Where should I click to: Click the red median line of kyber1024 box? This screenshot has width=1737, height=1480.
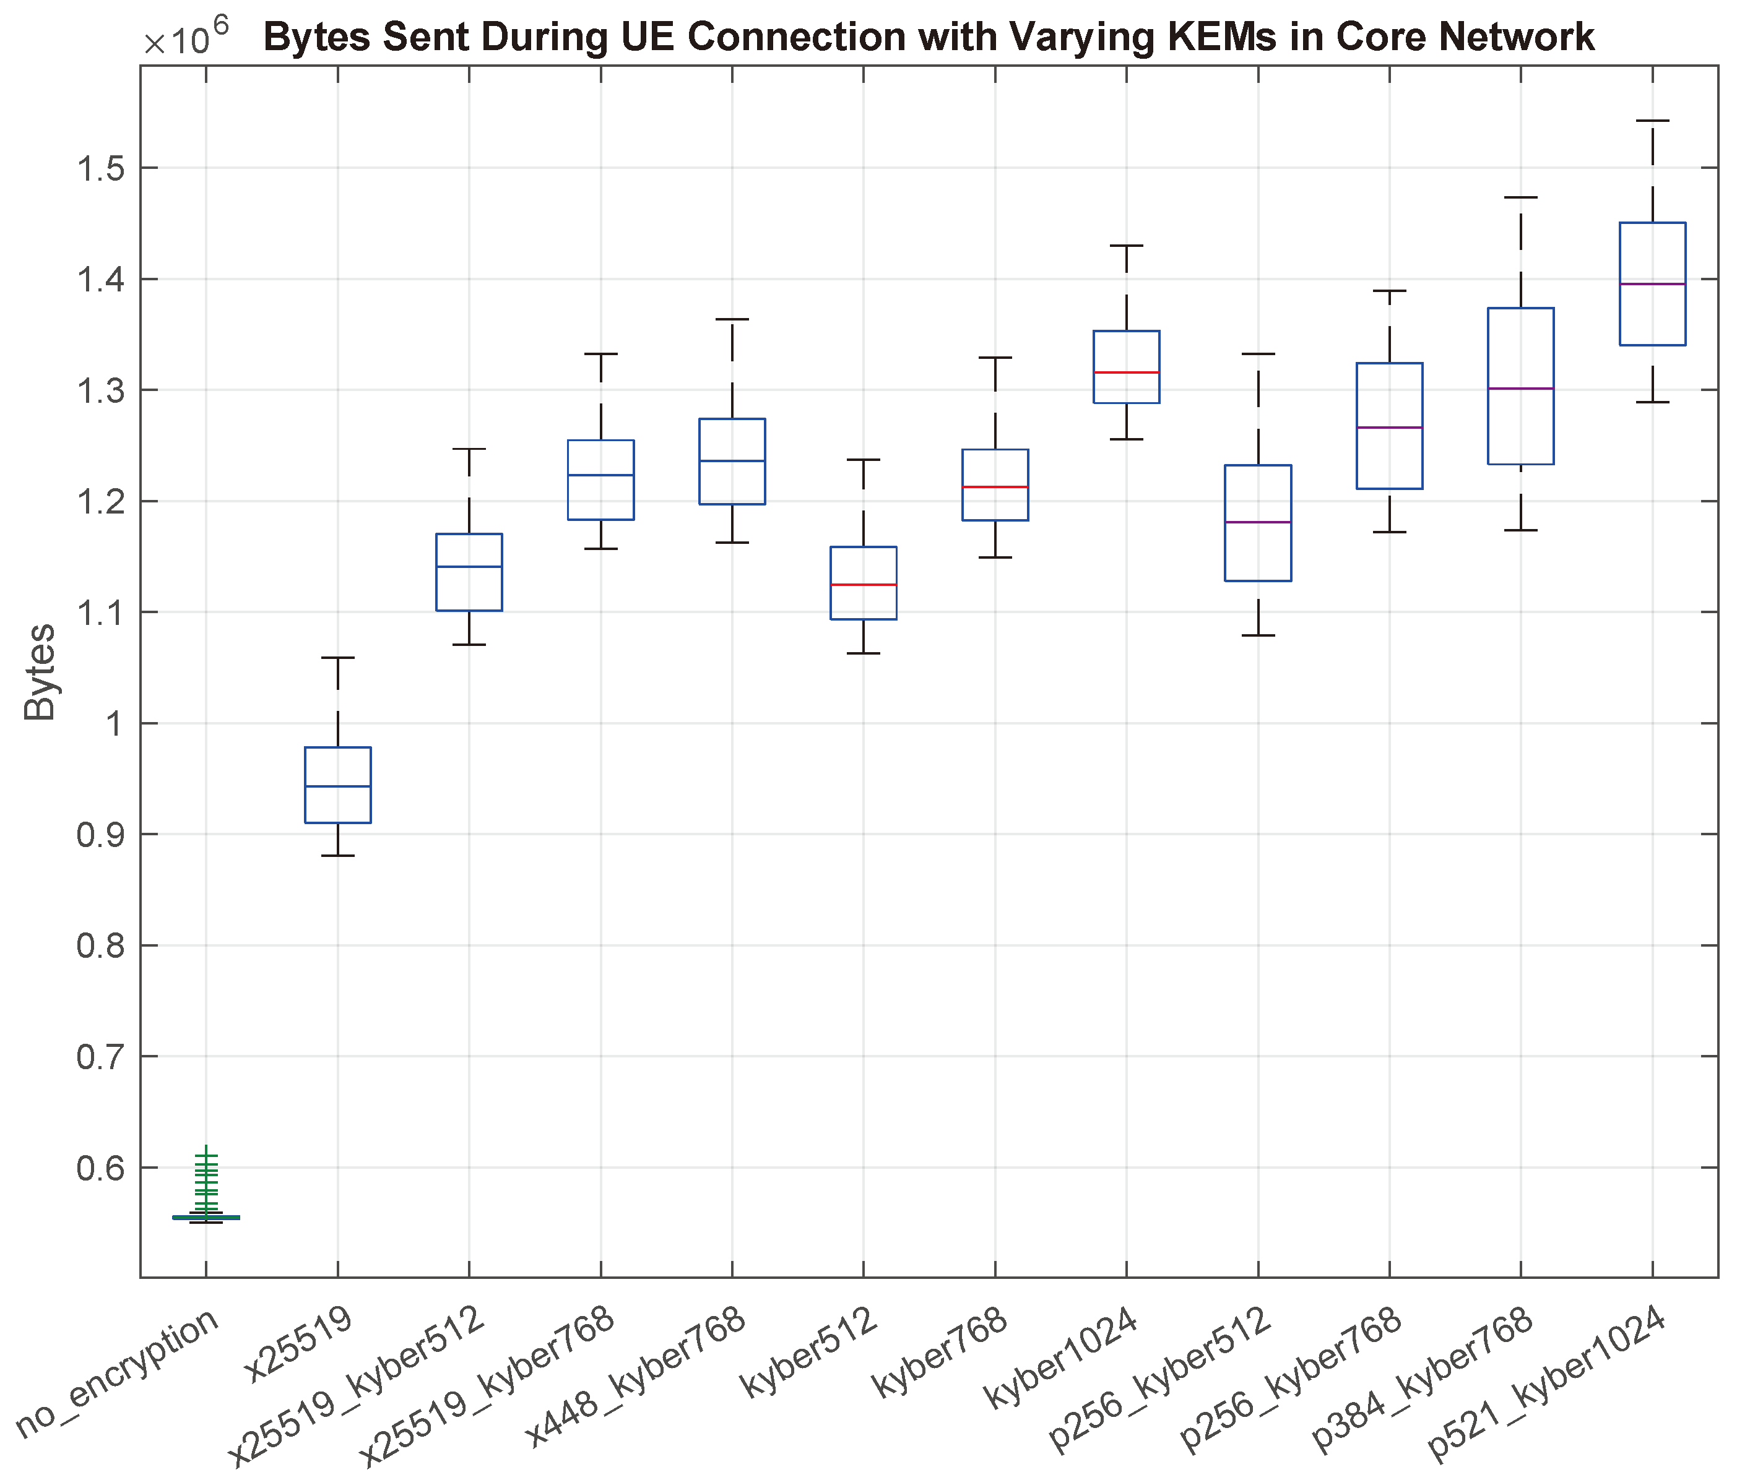[1126, 372]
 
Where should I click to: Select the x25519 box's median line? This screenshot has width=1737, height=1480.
[338, 786]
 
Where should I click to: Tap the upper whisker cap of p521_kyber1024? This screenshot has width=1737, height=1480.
[1652, 121]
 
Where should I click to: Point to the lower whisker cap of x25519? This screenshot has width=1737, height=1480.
[338, 856]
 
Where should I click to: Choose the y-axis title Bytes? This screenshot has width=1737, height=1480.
[40, 672]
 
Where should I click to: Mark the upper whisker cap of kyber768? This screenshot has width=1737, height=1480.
[995, 357]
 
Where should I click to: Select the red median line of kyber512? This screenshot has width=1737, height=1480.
[864, 584]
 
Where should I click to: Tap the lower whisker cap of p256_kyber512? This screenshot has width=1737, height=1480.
[1257, 635]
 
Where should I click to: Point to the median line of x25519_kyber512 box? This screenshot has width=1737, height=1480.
[469, 567]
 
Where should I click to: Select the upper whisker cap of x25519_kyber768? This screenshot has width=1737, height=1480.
[600, 354]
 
